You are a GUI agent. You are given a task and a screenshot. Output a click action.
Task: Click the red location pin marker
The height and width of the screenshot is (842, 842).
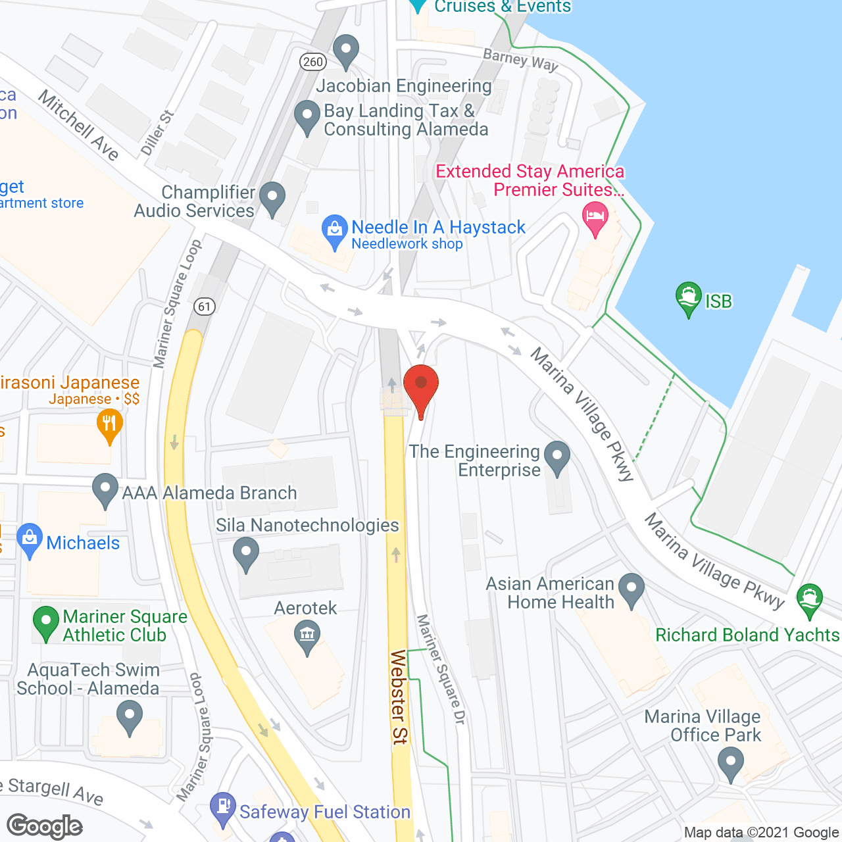[x=421, y=386]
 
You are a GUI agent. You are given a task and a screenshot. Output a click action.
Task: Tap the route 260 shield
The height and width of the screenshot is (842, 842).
[x=313, y=62]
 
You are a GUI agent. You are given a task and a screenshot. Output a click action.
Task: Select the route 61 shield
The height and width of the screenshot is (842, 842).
[x=205, y=306]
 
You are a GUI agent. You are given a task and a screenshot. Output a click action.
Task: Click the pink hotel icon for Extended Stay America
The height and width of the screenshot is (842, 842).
[x=596, y=218]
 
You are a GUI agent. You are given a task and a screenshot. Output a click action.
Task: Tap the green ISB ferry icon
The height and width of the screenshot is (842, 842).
[x=688, y=297]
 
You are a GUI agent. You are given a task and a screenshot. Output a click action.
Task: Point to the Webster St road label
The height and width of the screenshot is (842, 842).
[x=399, y=697]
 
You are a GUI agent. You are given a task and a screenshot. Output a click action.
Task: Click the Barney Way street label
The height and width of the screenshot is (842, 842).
[x=520, y=60]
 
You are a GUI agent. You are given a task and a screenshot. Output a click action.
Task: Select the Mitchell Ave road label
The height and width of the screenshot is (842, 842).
[x=78, y=125]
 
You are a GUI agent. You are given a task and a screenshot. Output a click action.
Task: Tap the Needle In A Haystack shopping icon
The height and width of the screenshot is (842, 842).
[x=334, y=231]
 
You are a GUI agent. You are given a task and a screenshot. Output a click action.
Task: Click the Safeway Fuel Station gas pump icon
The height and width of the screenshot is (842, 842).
[x=223, y=808]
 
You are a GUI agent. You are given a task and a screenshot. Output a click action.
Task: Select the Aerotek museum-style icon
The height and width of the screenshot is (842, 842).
[x=307, y=636]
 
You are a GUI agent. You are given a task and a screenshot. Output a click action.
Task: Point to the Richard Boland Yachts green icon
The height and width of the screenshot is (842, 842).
[x=809, y=599]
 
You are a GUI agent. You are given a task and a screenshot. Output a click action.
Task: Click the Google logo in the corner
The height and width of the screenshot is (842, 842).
[x=45, y=826]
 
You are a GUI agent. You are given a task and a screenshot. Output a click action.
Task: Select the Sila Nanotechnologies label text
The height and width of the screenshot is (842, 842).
[x=307, y=525]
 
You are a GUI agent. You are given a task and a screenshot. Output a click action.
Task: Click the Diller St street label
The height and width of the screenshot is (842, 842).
[x=157, y=132]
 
